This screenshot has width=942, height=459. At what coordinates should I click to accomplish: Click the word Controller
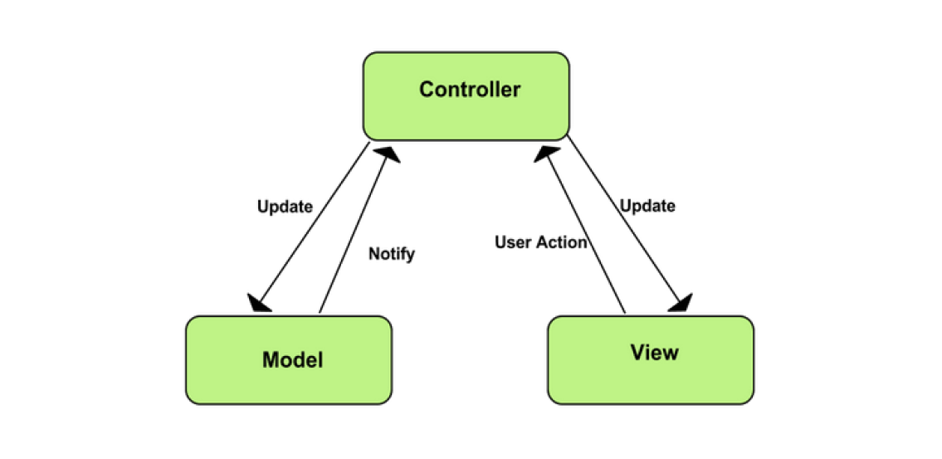470,89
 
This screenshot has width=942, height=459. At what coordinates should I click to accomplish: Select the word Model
292,360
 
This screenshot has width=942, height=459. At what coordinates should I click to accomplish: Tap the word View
654,352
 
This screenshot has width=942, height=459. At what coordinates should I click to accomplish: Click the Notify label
391,254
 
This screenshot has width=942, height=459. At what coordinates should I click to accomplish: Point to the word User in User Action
514,242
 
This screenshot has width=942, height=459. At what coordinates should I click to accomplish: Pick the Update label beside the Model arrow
285,206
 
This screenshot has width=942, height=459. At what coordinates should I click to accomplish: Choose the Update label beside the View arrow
647,206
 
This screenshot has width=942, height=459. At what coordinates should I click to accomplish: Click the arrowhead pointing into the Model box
259,302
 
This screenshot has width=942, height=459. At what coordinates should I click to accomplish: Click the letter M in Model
270,360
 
